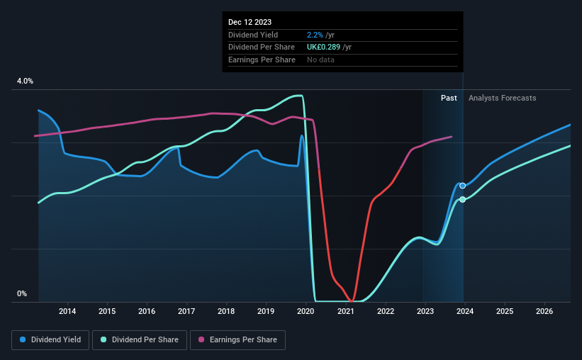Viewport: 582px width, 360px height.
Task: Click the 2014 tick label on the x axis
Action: pyautogui.click(x=67, y=310)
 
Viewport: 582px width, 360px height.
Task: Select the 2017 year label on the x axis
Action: pyautogui.click(x=186, y=310)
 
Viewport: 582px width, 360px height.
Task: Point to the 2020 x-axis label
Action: pyautogui.click(x=306, y=310)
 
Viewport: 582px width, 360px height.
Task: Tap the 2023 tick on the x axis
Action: pyautogui.click(x=425, y=310)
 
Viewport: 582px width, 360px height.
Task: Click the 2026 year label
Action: pyautogui.click(x=544, y=310)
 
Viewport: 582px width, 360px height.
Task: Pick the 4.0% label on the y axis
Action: pyautogui.click(x=25, y=81)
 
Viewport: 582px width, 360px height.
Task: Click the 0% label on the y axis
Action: pyautogui.click(x=21, y=293)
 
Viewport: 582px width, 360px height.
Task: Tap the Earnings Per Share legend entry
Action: pyautogui.click(x=237, y=340)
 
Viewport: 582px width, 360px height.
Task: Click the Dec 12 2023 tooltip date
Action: pyautogui.click(x=250, y=21)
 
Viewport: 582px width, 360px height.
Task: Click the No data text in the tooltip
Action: pyautogui.click(x=320, y=60)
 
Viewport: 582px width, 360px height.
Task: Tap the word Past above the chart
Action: pyautogui.click(x=449, y=98)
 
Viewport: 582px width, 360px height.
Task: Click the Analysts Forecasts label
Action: pyautogui.click(x=502, y=98)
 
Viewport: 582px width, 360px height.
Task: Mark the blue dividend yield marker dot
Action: pyautogui.click(x=462, y=186)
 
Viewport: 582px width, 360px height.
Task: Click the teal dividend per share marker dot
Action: pyautogui.click(x=462, y=199)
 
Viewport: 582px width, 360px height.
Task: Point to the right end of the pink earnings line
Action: pyautogui.click(x=452, y=137)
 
